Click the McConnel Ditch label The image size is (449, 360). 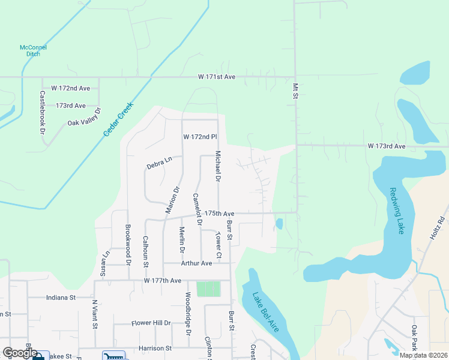(33, 51)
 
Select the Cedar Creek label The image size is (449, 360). (118, 118)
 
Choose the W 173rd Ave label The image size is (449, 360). (387, 146)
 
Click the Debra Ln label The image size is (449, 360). (160, 162)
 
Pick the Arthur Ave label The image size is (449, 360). (196, 263)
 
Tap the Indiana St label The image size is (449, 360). (60, 297)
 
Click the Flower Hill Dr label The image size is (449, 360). (151, 323)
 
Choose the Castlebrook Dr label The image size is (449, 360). (43, 112)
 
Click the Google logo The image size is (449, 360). (19, 353)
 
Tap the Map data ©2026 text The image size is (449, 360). (423, 355)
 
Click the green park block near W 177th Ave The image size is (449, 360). (208, 289)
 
